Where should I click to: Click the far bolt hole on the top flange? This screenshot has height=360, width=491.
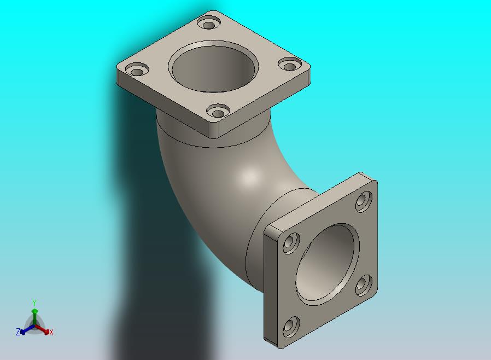209,24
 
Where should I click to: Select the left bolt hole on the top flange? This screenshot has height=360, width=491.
137,70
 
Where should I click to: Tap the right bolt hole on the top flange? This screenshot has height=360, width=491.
290,65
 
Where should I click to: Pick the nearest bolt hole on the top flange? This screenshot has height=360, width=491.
218,111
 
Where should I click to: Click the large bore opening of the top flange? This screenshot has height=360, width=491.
214,67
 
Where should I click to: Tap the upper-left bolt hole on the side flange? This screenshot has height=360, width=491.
291,243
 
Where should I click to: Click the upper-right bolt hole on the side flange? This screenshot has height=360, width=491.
364,202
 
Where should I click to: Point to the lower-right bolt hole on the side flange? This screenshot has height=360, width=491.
364,285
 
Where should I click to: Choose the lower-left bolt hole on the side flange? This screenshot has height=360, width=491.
291,327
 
